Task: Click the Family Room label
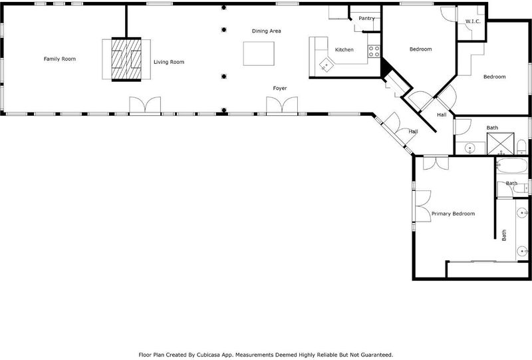pos(60,59)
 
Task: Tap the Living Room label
pos(169,62)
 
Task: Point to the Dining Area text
pos(267,31)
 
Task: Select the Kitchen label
pos(344,50)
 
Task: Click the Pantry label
pos(367,19)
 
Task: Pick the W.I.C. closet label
pos(473,21)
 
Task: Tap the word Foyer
pos(280,89)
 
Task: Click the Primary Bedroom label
pos(453,214)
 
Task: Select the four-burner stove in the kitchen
pos(374,51)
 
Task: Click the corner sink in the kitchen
pos(327,65)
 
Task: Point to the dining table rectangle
pos(259,54)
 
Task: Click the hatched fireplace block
pos(126,59)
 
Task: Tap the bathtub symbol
pos(512,166)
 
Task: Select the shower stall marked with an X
pos(501,144)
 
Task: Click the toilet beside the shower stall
pos(521,146)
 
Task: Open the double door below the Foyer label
pos(282,104)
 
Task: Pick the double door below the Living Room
pos(145,104)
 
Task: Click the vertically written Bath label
pos(504,235)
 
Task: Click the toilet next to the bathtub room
pos(521,188)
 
